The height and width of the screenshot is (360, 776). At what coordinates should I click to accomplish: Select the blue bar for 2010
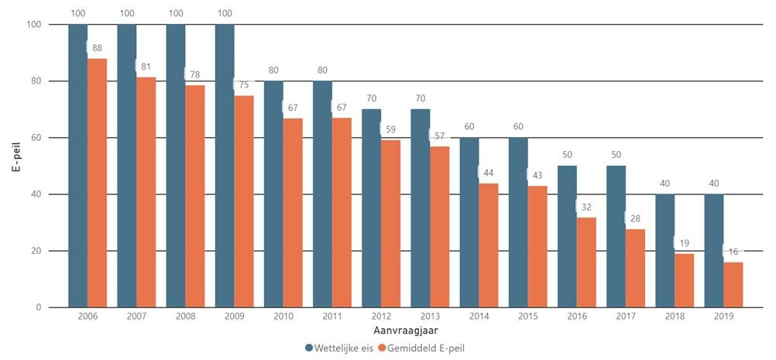[x=273, y=194]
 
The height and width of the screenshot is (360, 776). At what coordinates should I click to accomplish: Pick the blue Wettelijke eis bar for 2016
[x=567, y=236]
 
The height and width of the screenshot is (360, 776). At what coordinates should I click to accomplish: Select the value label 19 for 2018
[x=685, y=242]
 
